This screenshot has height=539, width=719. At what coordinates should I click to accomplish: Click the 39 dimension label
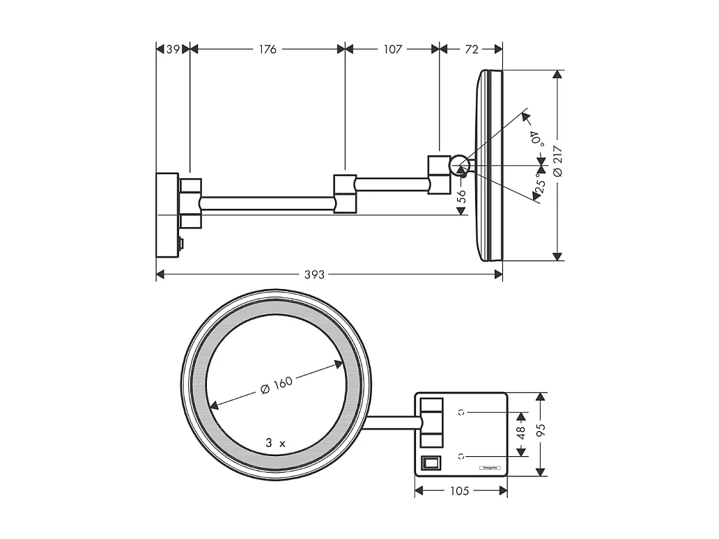(173, 49)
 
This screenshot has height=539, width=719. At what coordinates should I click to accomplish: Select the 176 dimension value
(268, 49)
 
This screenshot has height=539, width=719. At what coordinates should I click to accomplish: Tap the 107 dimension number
(393, 49)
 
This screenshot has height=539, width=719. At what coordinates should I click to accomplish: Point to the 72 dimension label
(472, 49)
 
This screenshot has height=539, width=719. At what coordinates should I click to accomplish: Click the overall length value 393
(315, 274)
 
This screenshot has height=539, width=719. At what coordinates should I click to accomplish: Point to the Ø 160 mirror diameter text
(276, 384)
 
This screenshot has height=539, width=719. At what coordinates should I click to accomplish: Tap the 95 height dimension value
(541, 433)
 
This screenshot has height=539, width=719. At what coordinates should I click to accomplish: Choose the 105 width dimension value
(460, 491)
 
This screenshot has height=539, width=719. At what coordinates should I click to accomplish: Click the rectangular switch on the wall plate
(432, 462)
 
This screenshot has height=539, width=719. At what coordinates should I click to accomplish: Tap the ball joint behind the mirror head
(458, 165)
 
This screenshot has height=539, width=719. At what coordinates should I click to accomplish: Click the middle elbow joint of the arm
(345, 193)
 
